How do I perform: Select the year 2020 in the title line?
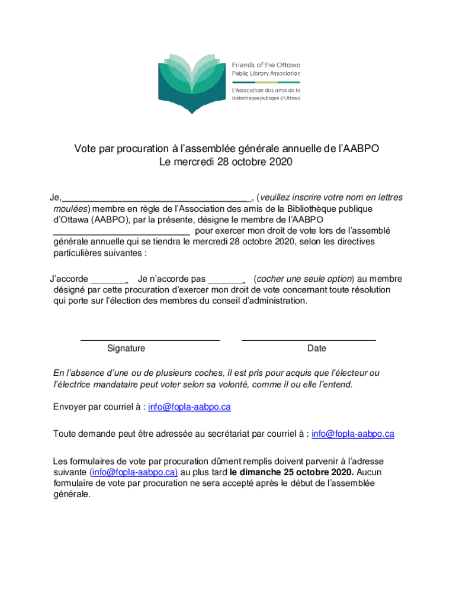[x=282, y=162]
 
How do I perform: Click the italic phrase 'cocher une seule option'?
[x=304, y=279]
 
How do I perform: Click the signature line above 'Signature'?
[x=150, y=340]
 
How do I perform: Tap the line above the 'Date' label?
[x=309, y=340]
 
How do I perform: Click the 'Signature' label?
[x=126, y=349]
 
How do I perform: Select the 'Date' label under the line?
[x=317, y=349]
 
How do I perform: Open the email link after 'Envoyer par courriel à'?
[x=190, y=407]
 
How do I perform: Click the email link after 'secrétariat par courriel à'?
[x=353, y=434]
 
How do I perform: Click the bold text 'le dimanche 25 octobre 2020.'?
[x=292, y=472]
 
